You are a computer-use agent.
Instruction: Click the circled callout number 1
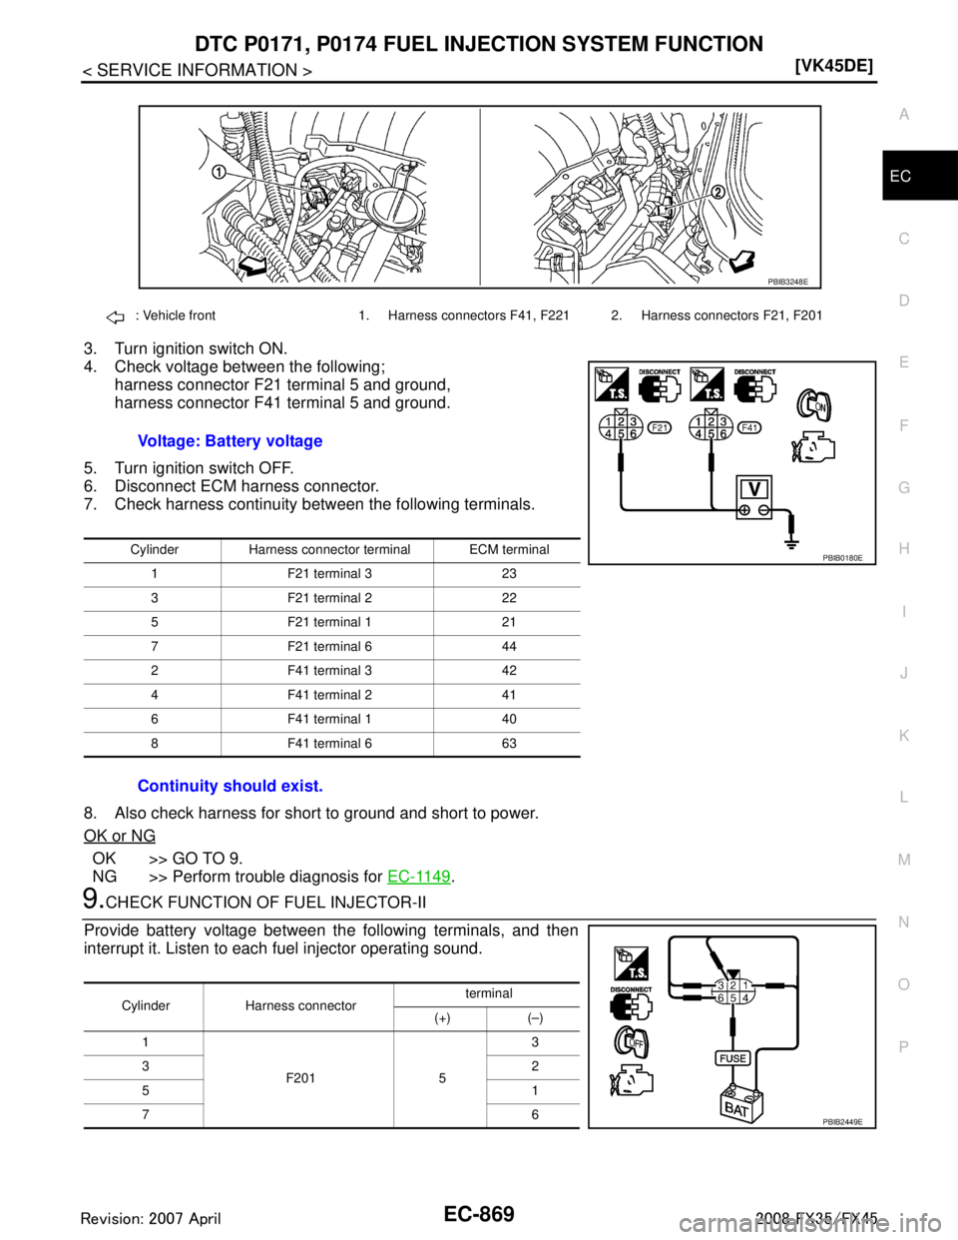click(x=218, y=171)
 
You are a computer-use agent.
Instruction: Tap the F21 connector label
click(x=659, y=427)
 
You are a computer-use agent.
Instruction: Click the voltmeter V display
click(x=755, y=487)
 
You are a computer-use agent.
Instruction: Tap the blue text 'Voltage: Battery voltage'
click(x=230, y=441)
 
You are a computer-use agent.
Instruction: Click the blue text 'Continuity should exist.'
click(x=230, y=786)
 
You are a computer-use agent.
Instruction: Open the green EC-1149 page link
click(x=419, y=876)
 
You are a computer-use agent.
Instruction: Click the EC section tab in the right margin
click(x=901, y=176)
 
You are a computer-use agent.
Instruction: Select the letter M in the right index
click(x=903, y=860)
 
